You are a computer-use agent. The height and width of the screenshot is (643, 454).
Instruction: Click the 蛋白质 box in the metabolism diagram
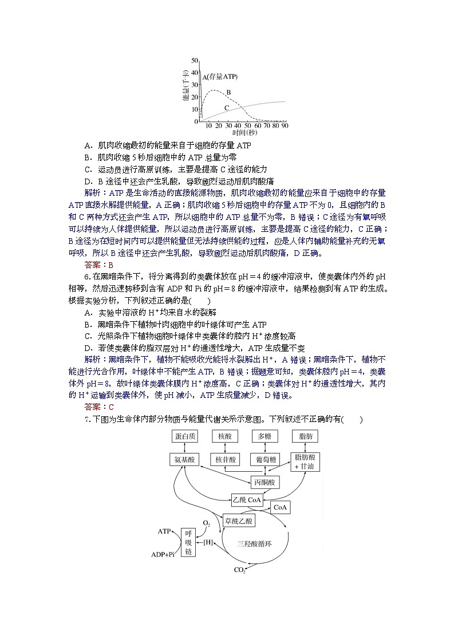click(x=184, y=436)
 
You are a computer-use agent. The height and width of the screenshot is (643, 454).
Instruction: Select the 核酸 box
click(x=224, y=436)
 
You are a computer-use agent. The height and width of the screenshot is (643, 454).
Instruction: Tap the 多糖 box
click(x=264, y=436)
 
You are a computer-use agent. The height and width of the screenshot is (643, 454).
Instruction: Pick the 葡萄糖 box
click(x=264, y=459)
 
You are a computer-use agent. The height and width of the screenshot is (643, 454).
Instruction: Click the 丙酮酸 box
click(x=264, y=482)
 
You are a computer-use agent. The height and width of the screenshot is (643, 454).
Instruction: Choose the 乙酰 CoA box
click(x=247, y=499)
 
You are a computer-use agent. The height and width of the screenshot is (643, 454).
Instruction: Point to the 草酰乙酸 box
click(x=240, y=521)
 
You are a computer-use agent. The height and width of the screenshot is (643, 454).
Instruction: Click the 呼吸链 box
click(x=188, y=542)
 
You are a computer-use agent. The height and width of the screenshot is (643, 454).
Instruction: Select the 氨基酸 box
click(x=184, y=459)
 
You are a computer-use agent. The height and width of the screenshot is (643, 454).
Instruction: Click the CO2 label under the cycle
click(x=240, y=570)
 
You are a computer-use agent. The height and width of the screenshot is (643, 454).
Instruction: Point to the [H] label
click(x=208, y=542)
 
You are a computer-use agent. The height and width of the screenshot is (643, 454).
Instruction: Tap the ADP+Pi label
click(x=164, y=554)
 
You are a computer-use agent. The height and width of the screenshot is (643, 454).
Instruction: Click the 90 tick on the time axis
click(x=285, y=125)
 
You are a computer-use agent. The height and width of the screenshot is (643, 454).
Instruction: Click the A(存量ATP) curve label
click(x=219, y=76)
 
